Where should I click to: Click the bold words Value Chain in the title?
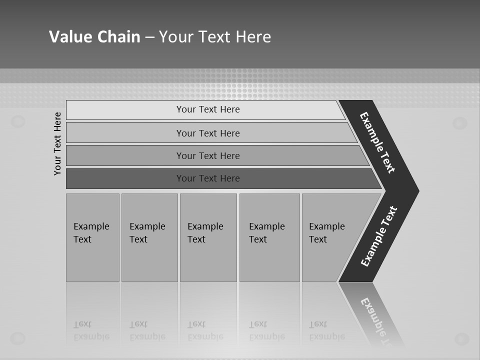click(x=94, y=37)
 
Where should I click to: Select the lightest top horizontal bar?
click(x=208, y=109)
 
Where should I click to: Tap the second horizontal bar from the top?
click(x=208, y=133)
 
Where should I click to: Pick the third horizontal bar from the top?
click(x=208, y=155)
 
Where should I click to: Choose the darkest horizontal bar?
click(x=208, y=178)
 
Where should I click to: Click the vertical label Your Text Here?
click(x=57, y=143)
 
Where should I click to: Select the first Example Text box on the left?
click(x=92, y=237)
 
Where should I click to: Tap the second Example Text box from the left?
click(x=149, y=237)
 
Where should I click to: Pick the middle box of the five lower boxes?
click(x=208, y=237)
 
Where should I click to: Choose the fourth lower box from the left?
click(x=269, y=237)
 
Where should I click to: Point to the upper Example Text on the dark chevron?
click(x=377, y=142)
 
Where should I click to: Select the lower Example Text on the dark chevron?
click(x=378, y=236)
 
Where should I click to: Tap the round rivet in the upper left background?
click(x=18, y=121)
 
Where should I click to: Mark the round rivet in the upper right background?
click(x=459, y=123)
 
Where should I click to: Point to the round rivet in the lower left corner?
click(x=18, y=338)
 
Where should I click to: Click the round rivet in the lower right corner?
click(x=460, y=339)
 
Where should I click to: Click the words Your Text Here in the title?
click(x=215, y=37)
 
